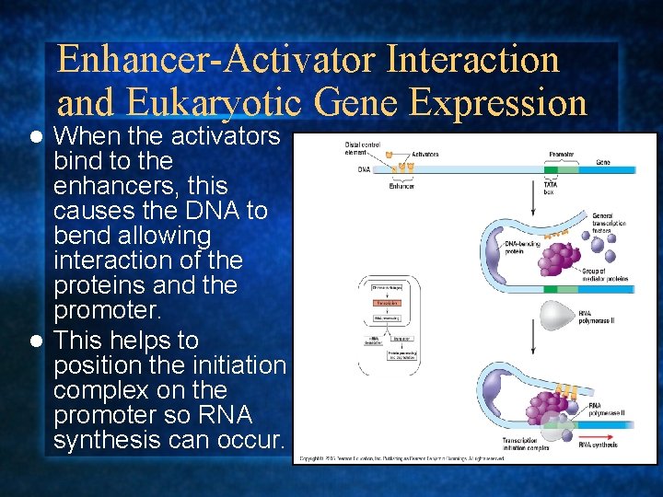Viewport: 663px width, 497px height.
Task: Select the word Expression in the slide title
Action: click(x=498, y=102)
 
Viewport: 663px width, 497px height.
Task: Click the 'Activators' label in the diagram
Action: click(x=425, y=154)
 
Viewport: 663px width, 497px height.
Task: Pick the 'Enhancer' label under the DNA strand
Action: click(x=401, y=186)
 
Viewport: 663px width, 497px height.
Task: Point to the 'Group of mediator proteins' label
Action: click(x=605, y=273)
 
